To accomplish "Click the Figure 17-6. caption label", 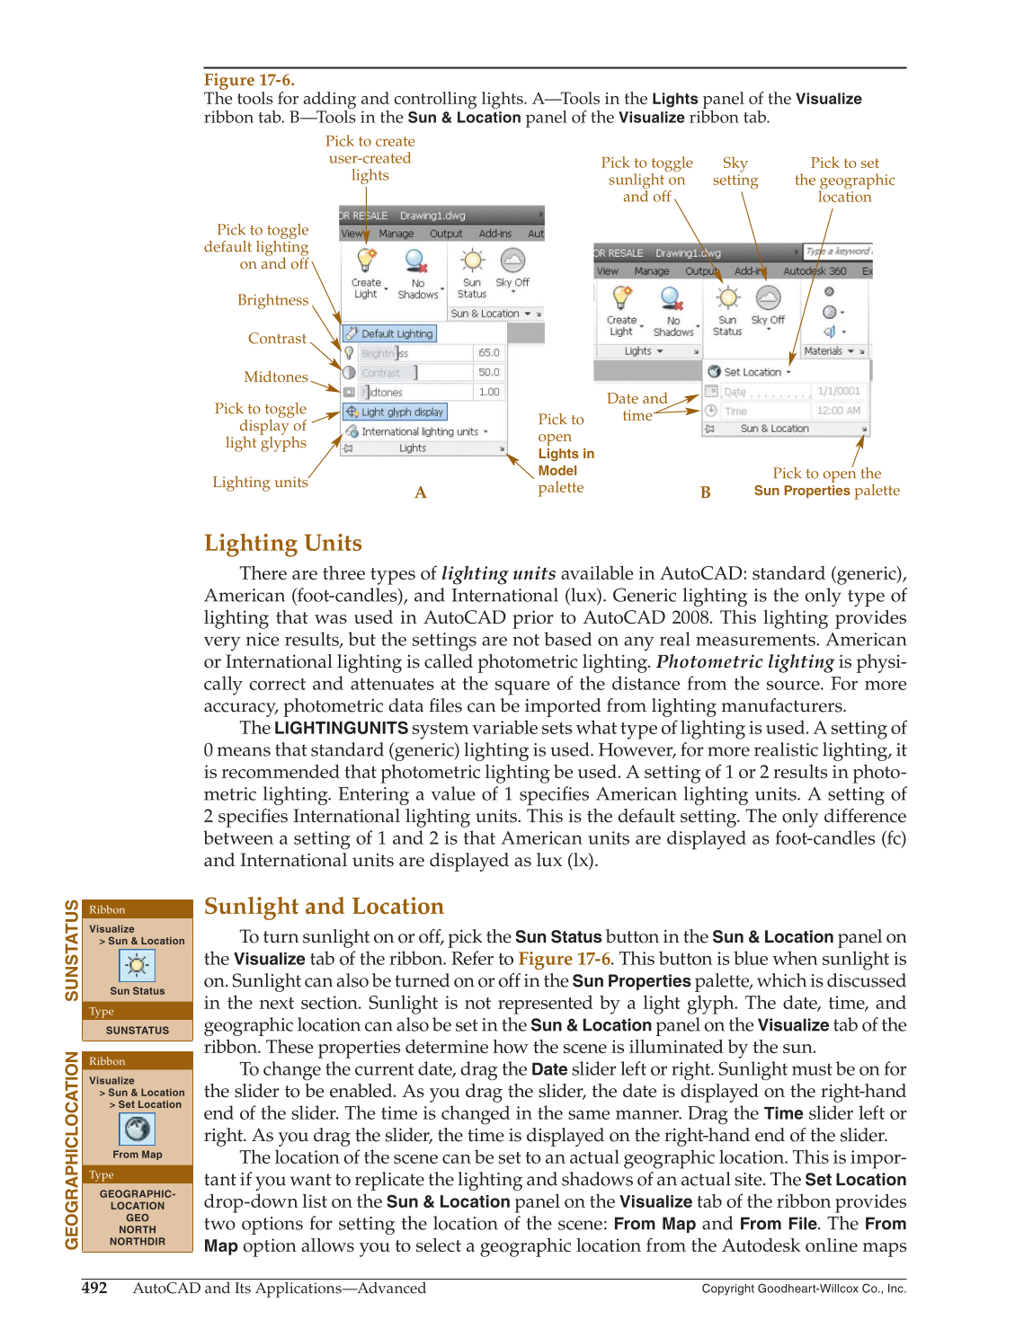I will (x=249, y=80).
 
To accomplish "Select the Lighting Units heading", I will (x=282, y=543).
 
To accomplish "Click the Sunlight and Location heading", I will (x=324, y=906).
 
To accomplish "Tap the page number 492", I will (x=94, y=1288).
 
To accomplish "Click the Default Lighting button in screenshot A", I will (x=389, y=333).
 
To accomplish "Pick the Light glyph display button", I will (x=395, y=412).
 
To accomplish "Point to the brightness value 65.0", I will (x=488, y=353).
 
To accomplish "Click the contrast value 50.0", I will (x=488, y=372).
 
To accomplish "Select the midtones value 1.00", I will (x=488, y=392).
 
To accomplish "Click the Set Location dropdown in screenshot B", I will (x=750, y=372).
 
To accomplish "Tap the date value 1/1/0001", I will (x=838, y=391).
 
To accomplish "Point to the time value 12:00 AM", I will (x=838, y=411).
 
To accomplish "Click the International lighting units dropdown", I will (x=419, y=431).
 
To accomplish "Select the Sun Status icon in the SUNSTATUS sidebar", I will (x=137, y=966).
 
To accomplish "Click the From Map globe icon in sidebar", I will (x=137, y=1129).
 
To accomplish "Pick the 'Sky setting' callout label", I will (x=735, y=172).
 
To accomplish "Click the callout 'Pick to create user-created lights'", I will (x=370, y=158).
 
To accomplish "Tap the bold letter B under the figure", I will (x=706, y=492).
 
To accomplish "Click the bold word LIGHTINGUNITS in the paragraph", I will (x=341, y=728).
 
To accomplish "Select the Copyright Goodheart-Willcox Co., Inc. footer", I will (x=803, y=1289).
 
